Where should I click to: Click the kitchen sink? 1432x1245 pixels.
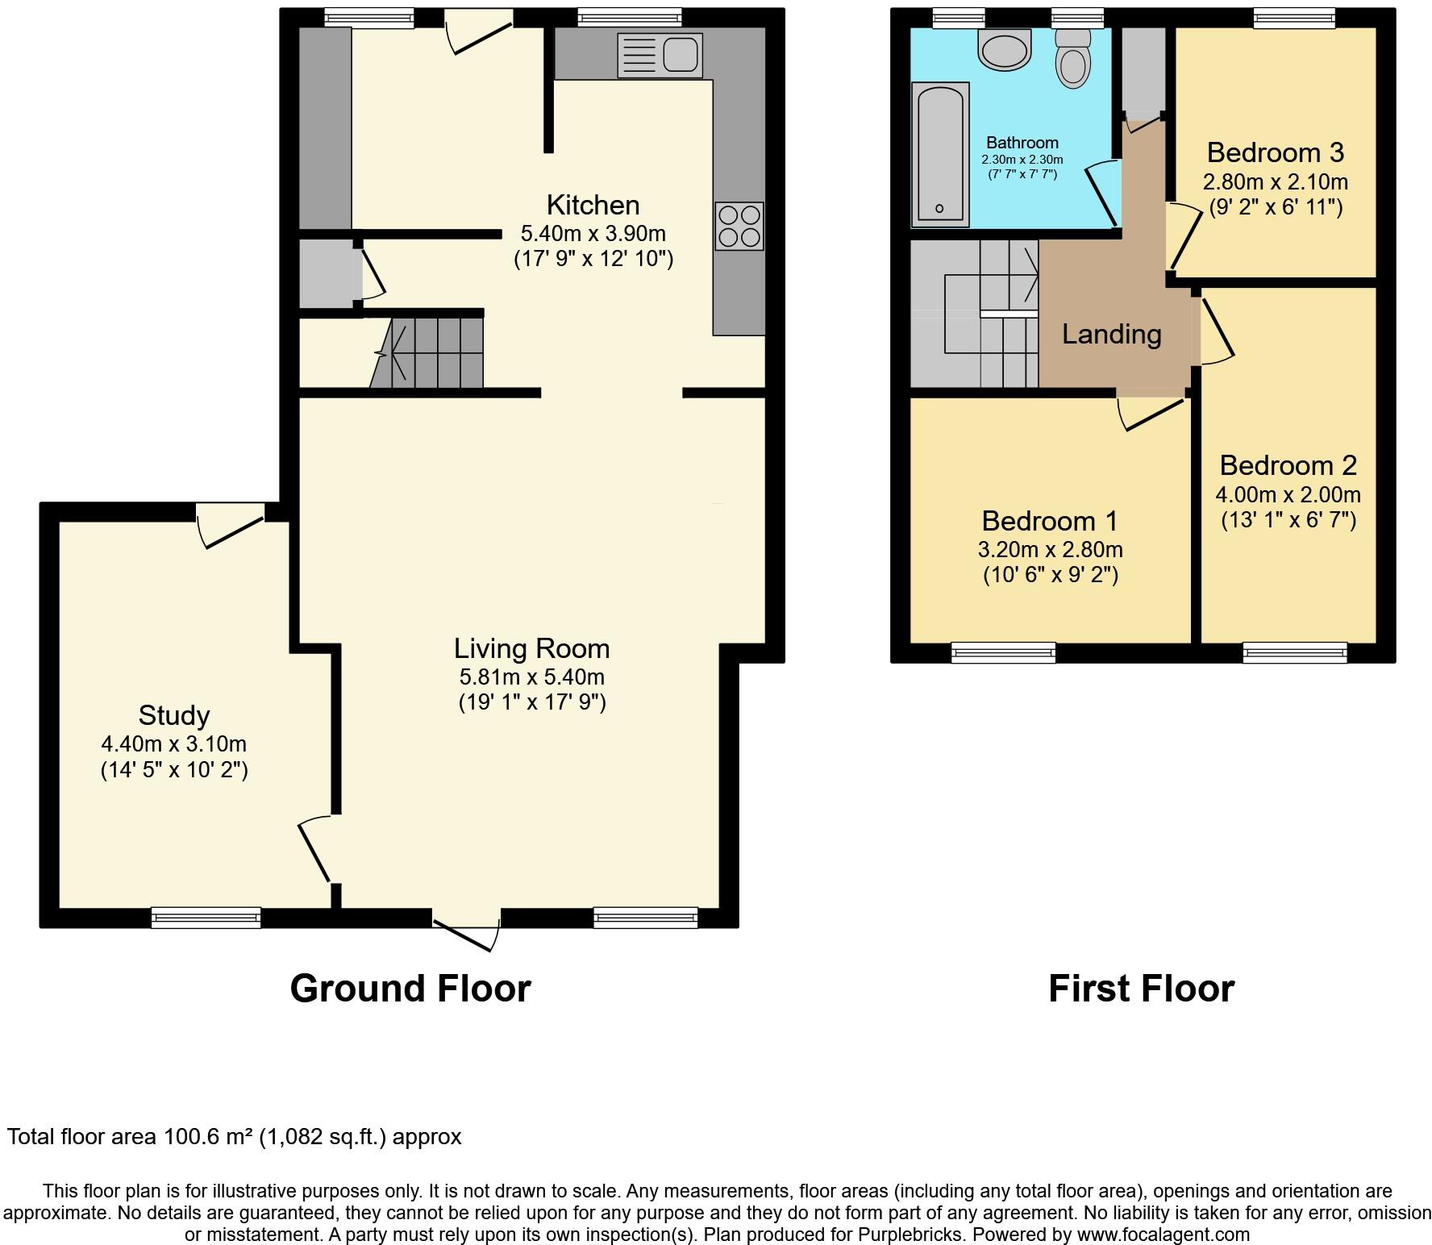660,55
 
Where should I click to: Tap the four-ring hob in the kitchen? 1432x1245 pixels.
739,227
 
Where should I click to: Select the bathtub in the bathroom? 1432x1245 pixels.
940,154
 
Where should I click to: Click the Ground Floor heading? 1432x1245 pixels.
410,989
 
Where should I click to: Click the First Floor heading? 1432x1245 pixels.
1141,989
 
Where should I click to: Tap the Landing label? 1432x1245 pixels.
1111,334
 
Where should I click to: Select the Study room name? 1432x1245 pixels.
174,715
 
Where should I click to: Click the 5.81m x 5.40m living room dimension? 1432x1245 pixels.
532,677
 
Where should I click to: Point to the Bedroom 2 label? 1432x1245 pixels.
1288,465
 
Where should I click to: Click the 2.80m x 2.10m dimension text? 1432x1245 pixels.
1276,181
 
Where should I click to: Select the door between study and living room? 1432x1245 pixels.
314,851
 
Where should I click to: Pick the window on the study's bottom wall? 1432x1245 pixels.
206,917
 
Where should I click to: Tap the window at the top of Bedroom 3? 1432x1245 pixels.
1294,18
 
